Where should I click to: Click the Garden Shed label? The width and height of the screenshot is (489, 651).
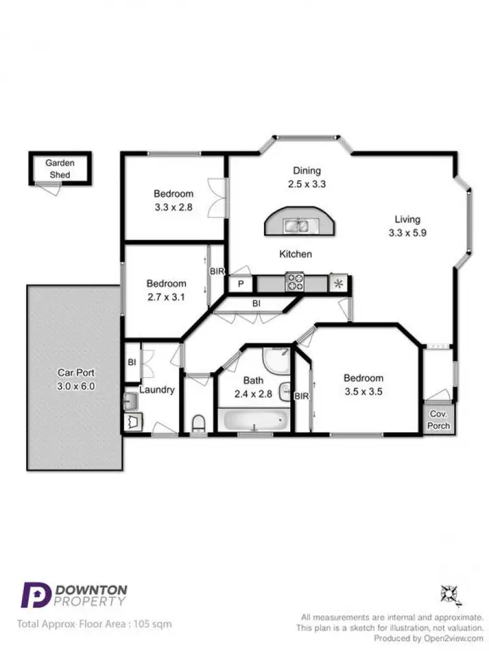pos(59,169)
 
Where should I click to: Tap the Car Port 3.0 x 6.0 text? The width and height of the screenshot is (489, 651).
pos(76,379)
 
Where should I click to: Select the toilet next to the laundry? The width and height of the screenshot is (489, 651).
pos(199,424)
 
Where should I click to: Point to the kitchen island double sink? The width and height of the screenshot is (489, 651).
pos(300,225)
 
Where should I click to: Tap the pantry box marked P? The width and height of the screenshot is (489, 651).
pos(240,284)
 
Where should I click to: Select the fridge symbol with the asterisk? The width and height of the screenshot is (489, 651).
pos(338,283)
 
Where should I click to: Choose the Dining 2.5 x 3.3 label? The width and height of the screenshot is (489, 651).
pos(306,177)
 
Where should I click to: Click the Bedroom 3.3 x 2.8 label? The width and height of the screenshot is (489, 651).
pos(173,199)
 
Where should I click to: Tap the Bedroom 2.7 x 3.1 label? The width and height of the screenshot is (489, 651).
pos(166,289)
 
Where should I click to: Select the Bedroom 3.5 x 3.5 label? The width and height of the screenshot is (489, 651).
pos(363,384)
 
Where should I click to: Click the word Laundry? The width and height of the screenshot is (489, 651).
pos(157,390)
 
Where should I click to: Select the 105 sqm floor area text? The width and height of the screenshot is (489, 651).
pos(156,624)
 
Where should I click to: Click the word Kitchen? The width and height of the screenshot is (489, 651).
pos(295,254)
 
